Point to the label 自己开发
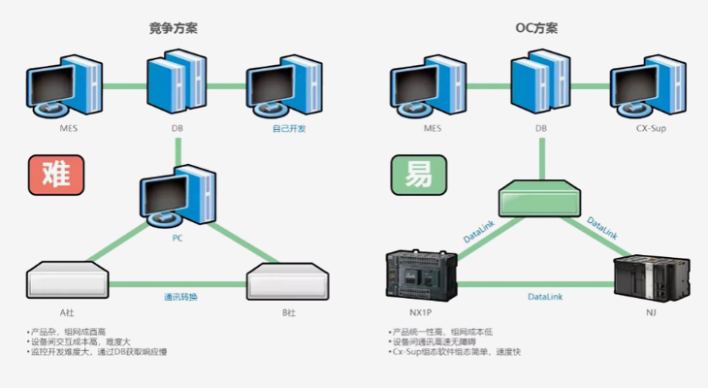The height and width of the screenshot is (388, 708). pos(288,127)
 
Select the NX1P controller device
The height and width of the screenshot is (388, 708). pos(419,275)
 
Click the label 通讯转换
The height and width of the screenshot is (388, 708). pos(180,297)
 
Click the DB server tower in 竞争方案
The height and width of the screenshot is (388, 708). pos(177,85)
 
